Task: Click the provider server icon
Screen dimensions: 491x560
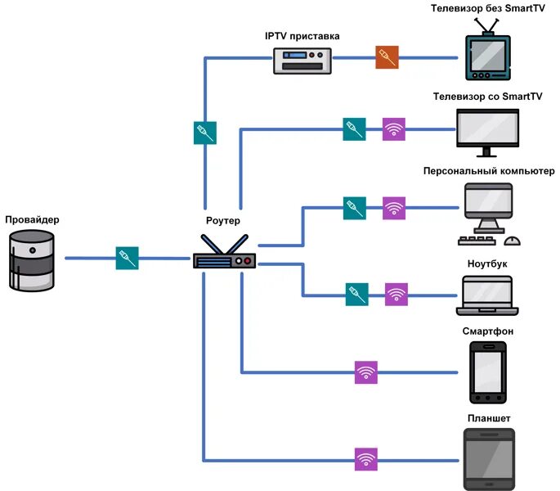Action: pyautogui.click(x=32, y=260)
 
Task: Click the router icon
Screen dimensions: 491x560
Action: pyautogui.click(x=224, y=255)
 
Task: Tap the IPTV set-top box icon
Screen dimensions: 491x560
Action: pyautogui.click(x=302, y=60)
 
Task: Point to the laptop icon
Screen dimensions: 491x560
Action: pyautogui.click(x=487, y=295)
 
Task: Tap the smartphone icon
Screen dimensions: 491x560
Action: pyautogui.click(x=487, y=372)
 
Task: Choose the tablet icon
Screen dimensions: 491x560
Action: pyautogui.click(x=488, y=458)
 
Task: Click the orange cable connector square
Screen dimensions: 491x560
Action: pyautogui.click(x=387, y=57)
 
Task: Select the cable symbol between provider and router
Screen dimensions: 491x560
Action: pyautogui.click(x=127, y=258)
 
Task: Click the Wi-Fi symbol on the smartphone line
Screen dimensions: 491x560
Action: pyautogui.click(x=366, y=373)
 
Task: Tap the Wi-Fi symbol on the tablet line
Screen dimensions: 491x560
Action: pyautogui.click(x=366, y=459)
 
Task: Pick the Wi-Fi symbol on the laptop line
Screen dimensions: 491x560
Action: pyautogui.click(x=396, y=295)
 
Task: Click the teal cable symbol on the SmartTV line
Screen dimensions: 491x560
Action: pyautogui.click(x=354, y=129)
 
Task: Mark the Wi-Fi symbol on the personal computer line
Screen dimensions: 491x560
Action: pyautogui.click(x=394, y=207)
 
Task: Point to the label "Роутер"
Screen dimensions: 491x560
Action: pyautogui.click(x=223, y=220)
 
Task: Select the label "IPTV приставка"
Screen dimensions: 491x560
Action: pyautogui.click(x=302, y=36)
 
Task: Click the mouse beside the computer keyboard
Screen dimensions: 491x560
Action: pyautogui.click(x=513, y=241)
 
